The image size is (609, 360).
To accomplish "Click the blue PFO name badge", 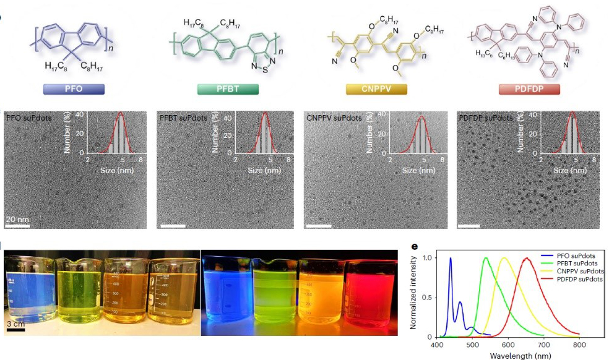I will [74, 89].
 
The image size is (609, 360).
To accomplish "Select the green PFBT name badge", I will [227, 89].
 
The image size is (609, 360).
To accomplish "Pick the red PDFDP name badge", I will [529, 89].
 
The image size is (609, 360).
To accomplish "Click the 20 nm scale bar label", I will [17, 219].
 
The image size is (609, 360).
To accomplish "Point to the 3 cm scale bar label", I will [15, 322].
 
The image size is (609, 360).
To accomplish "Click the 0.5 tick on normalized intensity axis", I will [426, 297].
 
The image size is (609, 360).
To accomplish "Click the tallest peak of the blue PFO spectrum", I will [451, 259].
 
